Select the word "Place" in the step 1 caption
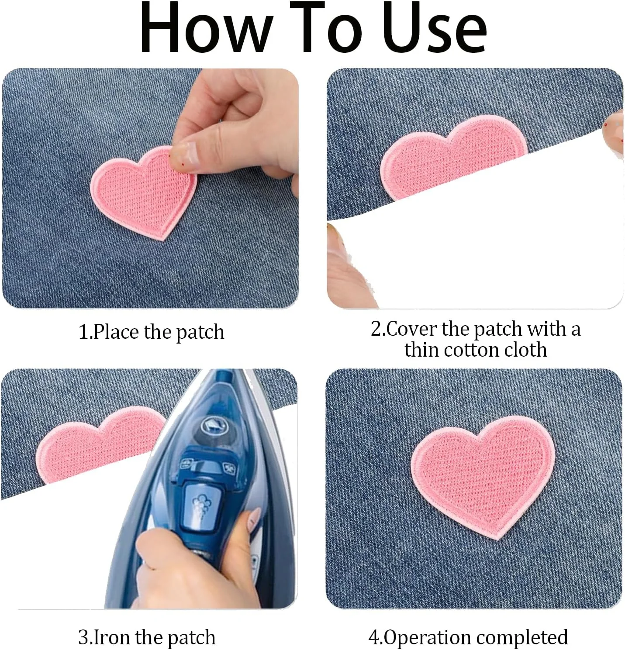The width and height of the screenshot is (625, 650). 116,332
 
